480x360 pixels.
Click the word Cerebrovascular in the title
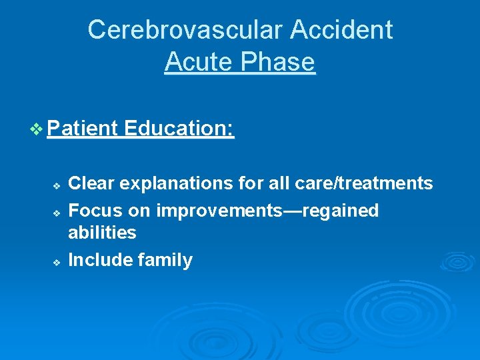point(180,29)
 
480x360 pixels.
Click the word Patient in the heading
point(83,128)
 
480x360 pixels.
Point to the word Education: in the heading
point(179,128)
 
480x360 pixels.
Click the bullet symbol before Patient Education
point(39,129)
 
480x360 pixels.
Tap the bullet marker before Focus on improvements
point(57,213)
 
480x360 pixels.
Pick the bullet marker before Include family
point(57,262)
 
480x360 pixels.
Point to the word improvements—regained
point(267,211)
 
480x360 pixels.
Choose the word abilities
point(102,233)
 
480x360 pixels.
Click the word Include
point(100,260)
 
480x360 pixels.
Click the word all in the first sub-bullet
point(267,183)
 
